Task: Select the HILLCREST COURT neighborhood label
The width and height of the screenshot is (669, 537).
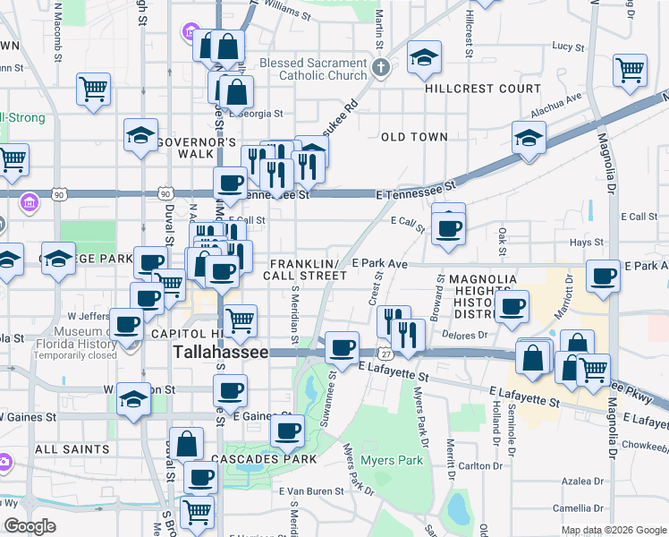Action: (483, 89)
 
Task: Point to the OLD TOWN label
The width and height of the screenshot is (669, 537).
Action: (413, 137)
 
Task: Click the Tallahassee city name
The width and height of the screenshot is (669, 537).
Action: (220, 353)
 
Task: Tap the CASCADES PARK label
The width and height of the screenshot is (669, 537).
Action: (265, 459)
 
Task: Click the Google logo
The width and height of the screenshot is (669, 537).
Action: (30, 526)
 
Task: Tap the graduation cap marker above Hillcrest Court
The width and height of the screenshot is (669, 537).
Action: (424, 59)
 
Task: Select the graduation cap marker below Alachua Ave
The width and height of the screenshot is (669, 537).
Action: (529, 139)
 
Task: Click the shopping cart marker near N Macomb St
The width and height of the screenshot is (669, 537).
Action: (93, 89)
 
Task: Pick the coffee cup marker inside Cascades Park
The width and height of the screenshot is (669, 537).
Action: (287, 431)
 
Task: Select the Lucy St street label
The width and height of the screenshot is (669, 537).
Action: (567, 46)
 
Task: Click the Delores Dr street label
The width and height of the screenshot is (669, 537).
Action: (462, 335)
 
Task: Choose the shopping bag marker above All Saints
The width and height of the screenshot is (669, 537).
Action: (186, 443)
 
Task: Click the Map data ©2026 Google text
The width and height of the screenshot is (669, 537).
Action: (614, 530)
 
